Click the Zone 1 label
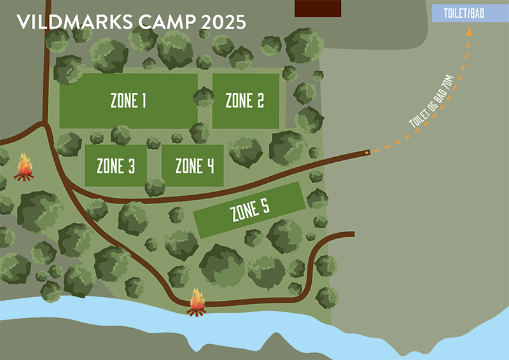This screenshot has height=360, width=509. [x=129, y=100]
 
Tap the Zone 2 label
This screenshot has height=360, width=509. [x=244, y=100]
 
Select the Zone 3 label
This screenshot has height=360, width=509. [x=116, y=167]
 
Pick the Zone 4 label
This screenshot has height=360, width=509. [x=195, y=167]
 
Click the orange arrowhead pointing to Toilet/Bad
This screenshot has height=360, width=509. [x=471, y=37]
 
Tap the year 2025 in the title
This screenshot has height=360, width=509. [x=223, y=22]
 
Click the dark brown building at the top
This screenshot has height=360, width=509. [x=318, y=8]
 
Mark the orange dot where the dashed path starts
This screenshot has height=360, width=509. [x=368, y=152]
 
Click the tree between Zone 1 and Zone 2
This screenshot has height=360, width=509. [x=204, y=97]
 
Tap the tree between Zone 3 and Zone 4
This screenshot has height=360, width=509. [x=155, y=186]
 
